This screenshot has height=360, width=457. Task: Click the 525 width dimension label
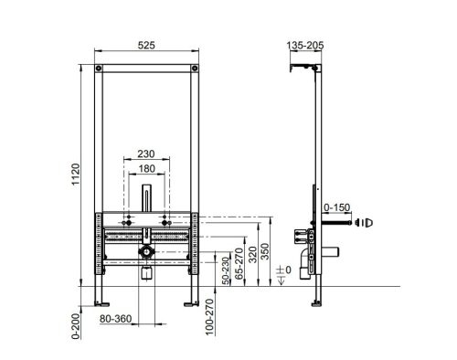click(x=146, y=45)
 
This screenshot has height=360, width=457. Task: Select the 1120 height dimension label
click(x=75, y=174)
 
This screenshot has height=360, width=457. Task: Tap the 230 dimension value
click(x=146, y=154)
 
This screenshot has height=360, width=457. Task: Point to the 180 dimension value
click(x=147, y=168)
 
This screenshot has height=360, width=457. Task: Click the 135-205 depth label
click(x=305, y=46)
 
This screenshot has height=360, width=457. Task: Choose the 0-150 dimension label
click(x=336, y=207)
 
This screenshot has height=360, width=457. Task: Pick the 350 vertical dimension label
click(x=266, y=251)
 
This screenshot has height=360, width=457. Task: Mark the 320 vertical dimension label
click(x=252, y=254)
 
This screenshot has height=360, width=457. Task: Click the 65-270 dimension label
click(x=239, y=263)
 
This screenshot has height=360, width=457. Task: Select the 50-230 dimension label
click(x=226, y=270)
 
